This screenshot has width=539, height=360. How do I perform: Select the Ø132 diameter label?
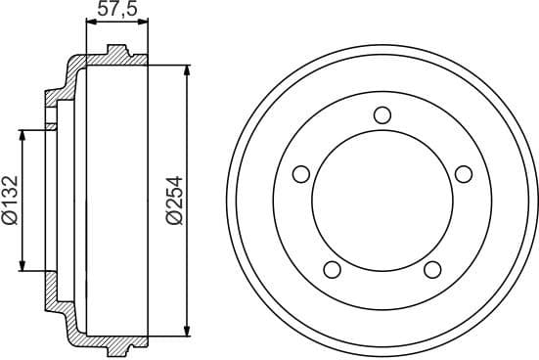10,201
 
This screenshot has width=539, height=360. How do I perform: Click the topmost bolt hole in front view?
382,113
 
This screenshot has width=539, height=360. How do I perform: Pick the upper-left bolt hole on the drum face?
301,174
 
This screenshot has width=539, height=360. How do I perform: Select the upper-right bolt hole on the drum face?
464,174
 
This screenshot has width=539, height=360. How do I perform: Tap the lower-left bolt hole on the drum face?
332,269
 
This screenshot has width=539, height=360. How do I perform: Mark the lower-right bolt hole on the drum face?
432,269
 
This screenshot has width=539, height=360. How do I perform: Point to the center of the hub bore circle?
382,201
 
